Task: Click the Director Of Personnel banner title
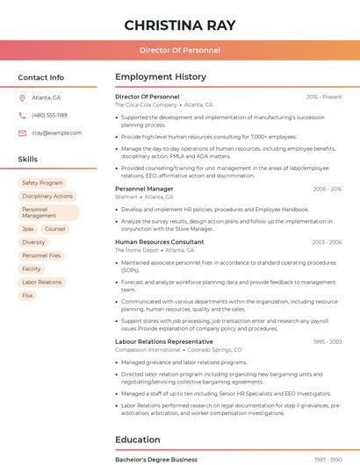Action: [x=180, y=50]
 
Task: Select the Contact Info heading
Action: [x=41, y=77]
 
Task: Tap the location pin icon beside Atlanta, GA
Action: [x=22, y=98]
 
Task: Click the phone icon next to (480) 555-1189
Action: [x=22, y=115]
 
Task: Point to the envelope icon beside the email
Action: [x=22, y=133]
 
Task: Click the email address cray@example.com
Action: [x=57, y=133]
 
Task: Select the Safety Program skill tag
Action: [x=42, y=182]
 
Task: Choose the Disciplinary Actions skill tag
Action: [x=47, y=197]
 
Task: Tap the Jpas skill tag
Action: [x=28, y=229]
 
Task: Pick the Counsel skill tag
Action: [x=55, y=229]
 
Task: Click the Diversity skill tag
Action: [x=33, y=242]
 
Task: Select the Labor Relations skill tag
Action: [x=42, y=283]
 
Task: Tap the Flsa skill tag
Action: [x=28, y=296]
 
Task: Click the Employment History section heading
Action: [x=161, y=77]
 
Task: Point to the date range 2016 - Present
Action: [x=324, y=97]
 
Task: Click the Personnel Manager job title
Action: [x=144, y=189]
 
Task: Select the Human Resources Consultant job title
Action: [x=159, y=241]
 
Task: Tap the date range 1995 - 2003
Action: [x=327, y=341]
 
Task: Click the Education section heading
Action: [x=137, y=440]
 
